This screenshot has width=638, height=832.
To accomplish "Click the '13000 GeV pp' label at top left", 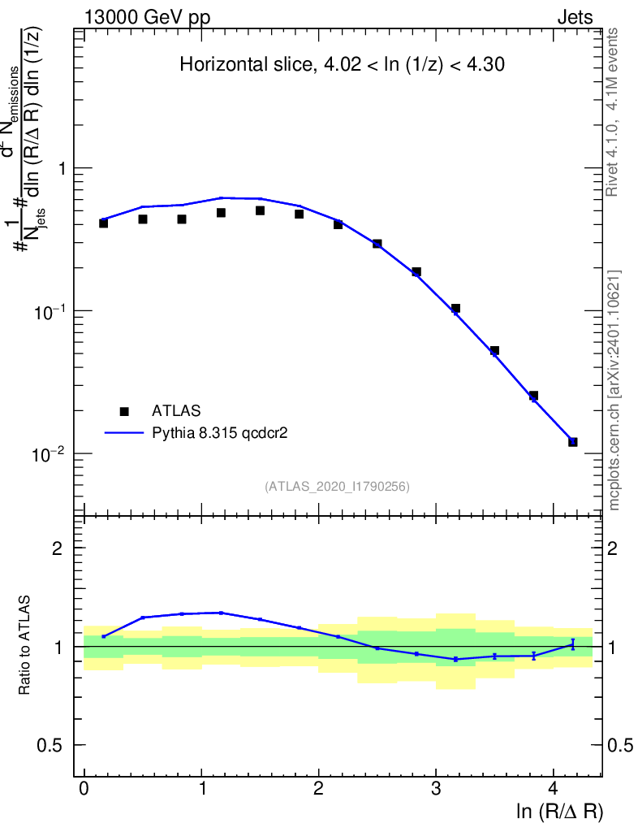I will click(147, 17).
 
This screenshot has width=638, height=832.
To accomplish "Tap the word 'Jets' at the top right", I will click(575, 17).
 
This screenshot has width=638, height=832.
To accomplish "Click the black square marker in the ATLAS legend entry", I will click(124, 411).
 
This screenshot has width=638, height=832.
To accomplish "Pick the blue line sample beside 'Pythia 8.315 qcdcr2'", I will click(123, 433).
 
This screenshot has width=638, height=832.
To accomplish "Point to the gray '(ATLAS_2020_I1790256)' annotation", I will click(337, 487).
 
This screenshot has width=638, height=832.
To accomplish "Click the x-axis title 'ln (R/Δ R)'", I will click(560, 812).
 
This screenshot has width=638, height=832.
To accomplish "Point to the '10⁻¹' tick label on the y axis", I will click(51, 311).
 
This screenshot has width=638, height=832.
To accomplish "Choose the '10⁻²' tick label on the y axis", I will click(51, 454).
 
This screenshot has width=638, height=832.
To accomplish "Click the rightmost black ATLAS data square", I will click(572, 442).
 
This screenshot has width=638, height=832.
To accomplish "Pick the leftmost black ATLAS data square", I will click(104, 223).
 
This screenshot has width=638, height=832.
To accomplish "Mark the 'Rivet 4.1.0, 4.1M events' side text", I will click(614, 112).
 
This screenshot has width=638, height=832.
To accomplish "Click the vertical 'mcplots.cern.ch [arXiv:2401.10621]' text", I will click(615, 390).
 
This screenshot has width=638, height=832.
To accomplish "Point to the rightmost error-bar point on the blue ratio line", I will click(572, 644).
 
